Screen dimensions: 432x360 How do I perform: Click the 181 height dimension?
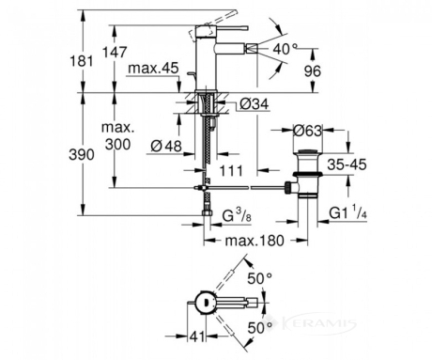[x=81, y=60]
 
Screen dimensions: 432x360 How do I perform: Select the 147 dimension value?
[x=115, y=52]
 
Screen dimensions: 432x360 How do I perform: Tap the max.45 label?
[x=153, y=68]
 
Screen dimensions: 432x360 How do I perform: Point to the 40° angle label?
[x=285, y=49]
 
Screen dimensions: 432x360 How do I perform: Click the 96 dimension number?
[x=313, y=71]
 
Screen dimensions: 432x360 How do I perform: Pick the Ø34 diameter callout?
[x=255, y=104]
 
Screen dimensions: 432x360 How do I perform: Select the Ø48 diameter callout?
[x=166, y=146]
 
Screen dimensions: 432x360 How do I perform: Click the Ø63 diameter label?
[x=307, y=131]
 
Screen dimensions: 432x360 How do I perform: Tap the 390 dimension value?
[x=82, y=155]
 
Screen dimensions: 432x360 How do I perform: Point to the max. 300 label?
[x=117, y=136]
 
